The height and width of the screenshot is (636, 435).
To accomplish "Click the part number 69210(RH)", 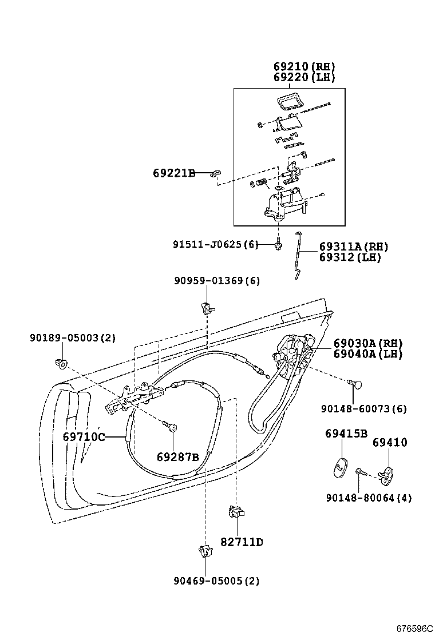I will (304, 67).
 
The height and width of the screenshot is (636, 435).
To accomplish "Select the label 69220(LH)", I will (304, 77).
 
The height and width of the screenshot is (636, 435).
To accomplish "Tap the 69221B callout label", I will (174, 173).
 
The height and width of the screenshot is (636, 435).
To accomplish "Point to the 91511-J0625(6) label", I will (216, 245).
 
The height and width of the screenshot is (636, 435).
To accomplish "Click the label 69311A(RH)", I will (354, 247).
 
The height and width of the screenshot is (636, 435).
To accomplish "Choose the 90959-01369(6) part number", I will (217, 281).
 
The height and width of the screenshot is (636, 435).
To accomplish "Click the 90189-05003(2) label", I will (73, 338).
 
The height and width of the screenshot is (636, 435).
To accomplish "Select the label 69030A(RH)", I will (368, 344).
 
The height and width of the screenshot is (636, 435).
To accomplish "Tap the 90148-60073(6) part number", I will (363, 408).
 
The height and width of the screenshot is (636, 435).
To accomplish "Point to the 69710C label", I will (84, 438).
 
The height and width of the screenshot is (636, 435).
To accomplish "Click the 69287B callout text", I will (177, 456).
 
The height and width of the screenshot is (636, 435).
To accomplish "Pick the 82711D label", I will (242, 542).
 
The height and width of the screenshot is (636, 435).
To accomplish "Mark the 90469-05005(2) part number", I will (217, 581).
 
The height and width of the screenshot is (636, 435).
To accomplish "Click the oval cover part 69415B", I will (339, 465).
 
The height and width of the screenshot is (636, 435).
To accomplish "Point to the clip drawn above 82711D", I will (236, 511).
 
